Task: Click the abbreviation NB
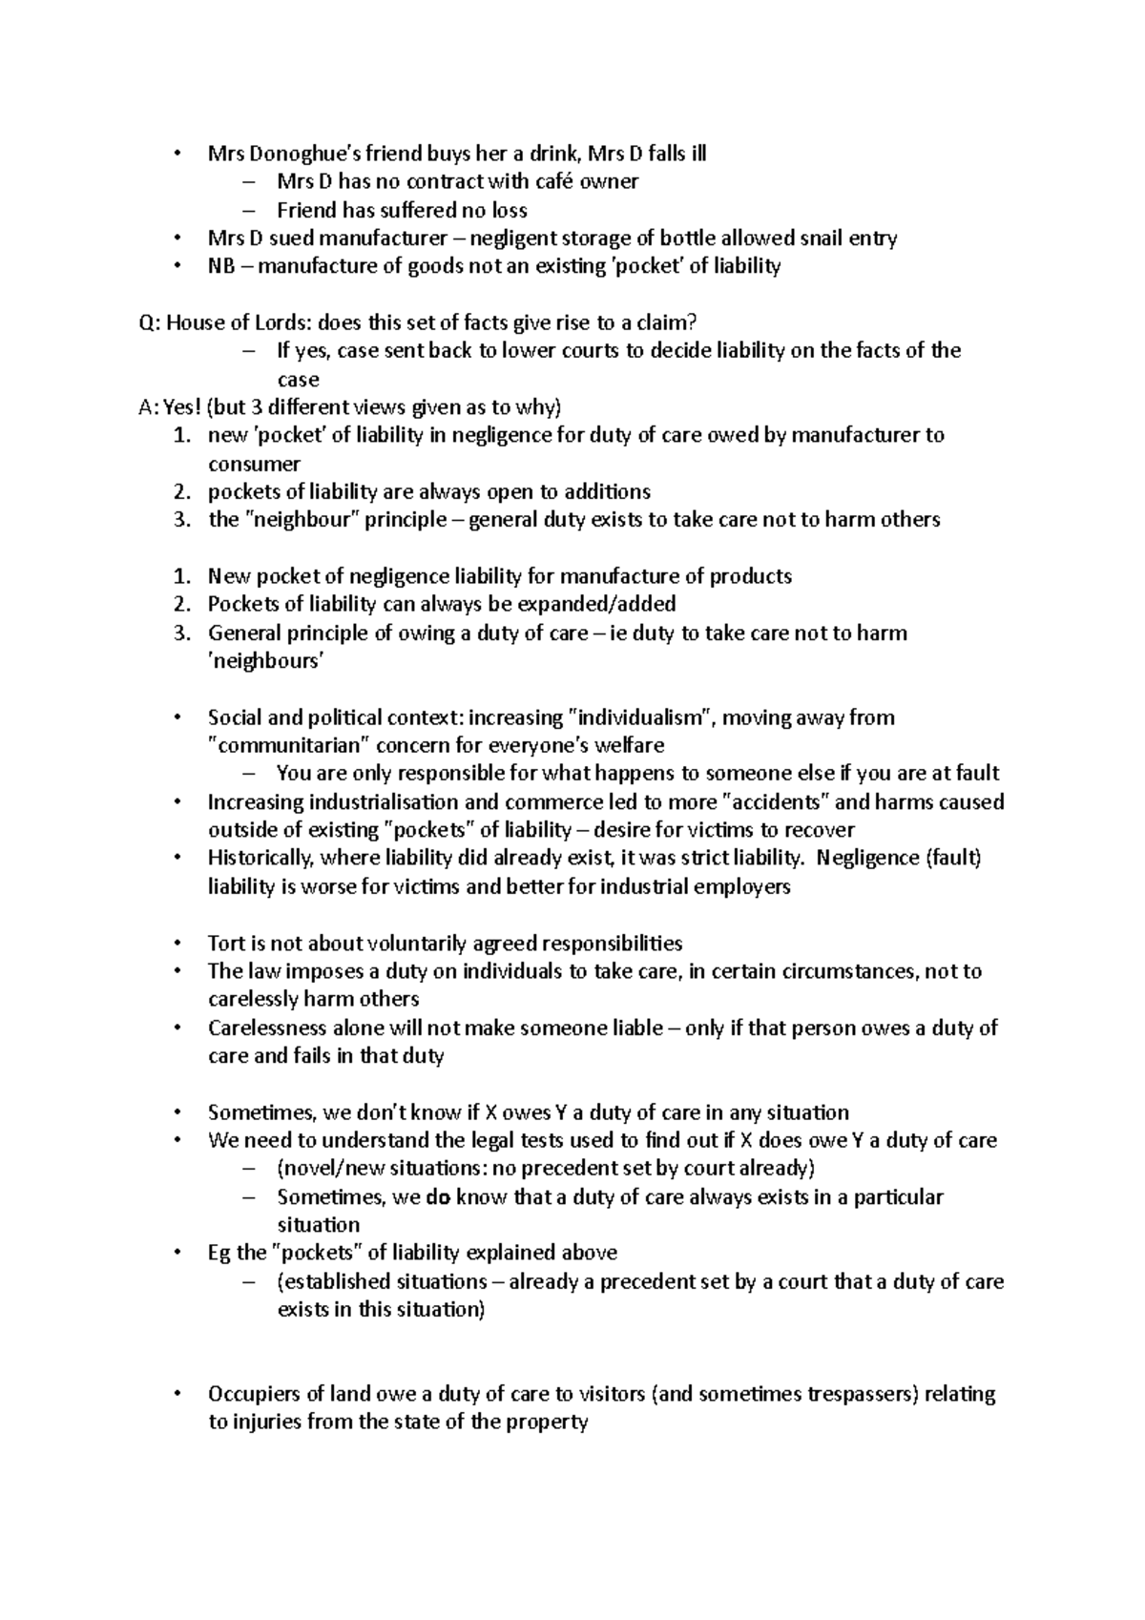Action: click(x=221, y=266)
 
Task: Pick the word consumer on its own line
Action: click(x=254, y=465)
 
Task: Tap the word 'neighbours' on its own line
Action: click(x=266, y=661)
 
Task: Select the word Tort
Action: click(x=226, y=944)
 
